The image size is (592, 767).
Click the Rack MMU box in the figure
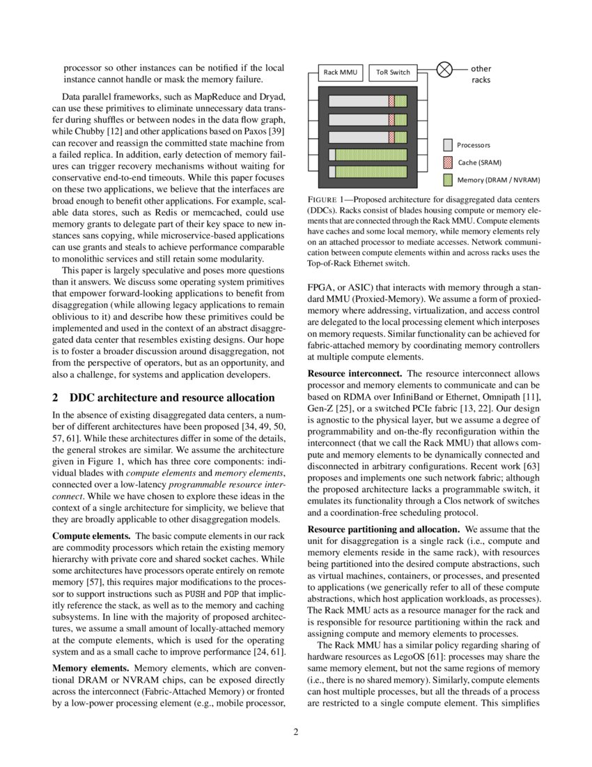[339, 72]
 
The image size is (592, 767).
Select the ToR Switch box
[393, 72]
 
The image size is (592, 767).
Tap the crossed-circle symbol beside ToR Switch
[444, 70]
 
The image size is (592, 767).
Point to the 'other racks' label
[481, 74]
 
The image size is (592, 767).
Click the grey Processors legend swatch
[448, 145]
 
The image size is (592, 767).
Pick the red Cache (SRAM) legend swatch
[448, 162]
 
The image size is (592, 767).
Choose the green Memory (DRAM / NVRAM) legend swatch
[448, 180]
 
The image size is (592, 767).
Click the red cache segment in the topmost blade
[391, 101]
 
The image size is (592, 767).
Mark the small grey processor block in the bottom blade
[332, 172]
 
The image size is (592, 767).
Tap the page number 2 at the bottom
[295, 732]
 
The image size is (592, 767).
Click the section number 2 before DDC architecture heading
[55, 398]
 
